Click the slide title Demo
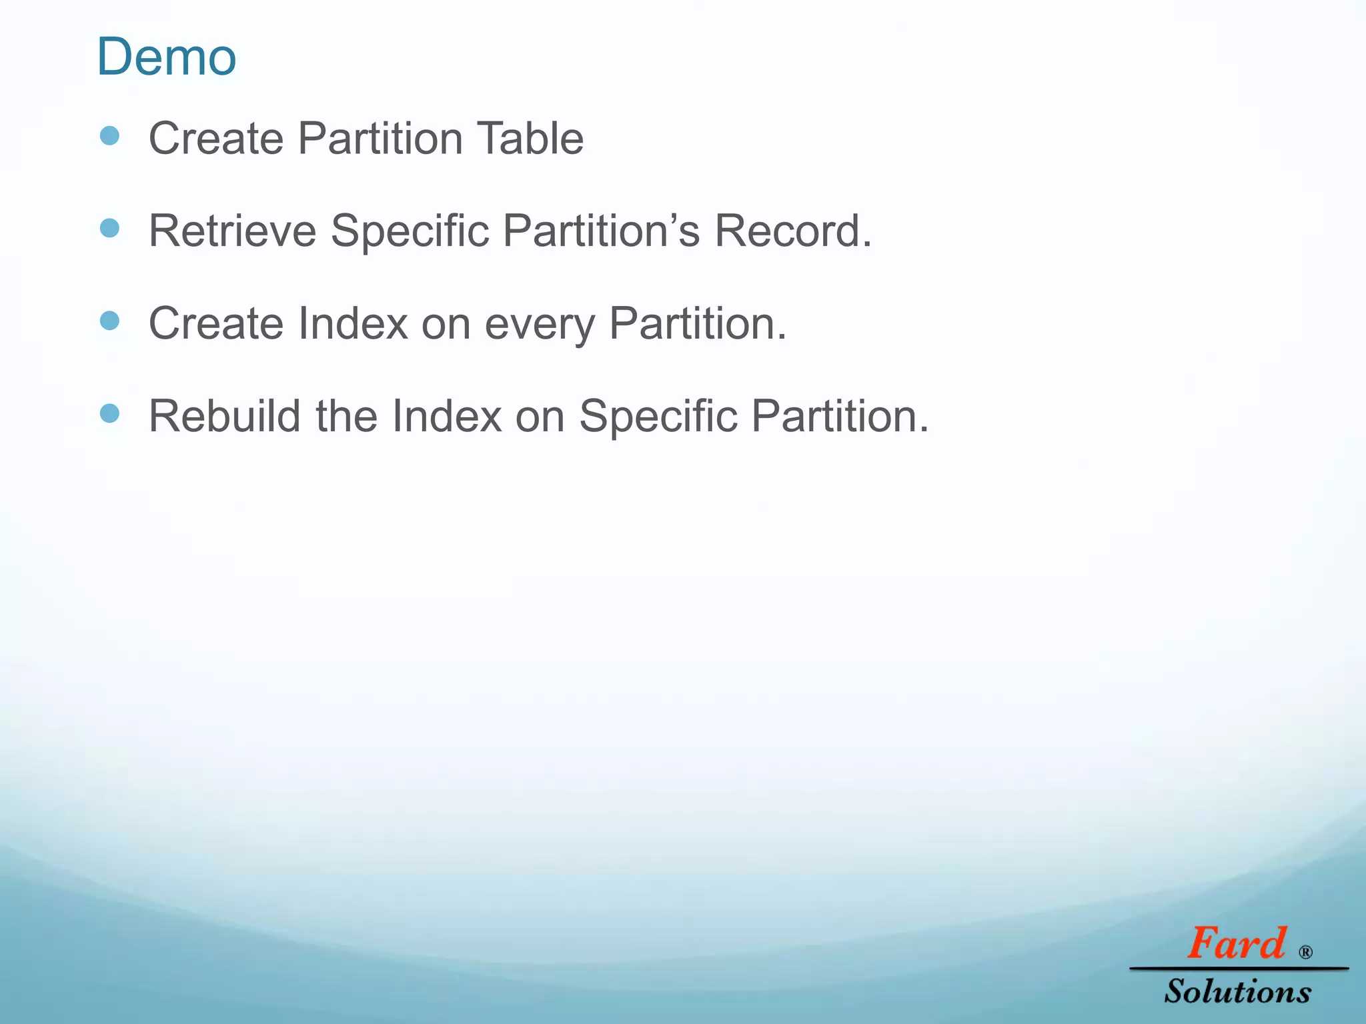(x=167, y=57)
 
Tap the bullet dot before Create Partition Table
(x=109, y=137)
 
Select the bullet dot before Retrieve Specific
(x=109, y=229)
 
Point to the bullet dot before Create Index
(x=109, y=321)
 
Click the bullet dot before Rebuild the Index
(x=109, y=413)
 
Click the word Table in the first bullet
(x=530, y=139)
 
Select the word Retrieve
(x=232, y=231)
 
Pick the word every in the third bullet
(x=539, y=325)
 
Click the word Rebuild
(x=225, y=417)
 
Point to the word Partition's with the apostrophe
(x=601, y=231)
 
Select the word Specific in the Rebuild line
(x=658, y=417)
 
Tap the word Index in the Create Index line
(x=353, y=324)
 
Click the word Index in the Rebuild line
(x=446, y=417)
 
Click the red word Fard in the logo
(x=1236, y=944)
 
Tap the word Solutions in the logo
(x=1237, y=991)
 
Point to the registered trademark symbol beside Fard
(x=1305, y=952)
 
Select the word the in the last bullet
(x=346, y=417)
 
